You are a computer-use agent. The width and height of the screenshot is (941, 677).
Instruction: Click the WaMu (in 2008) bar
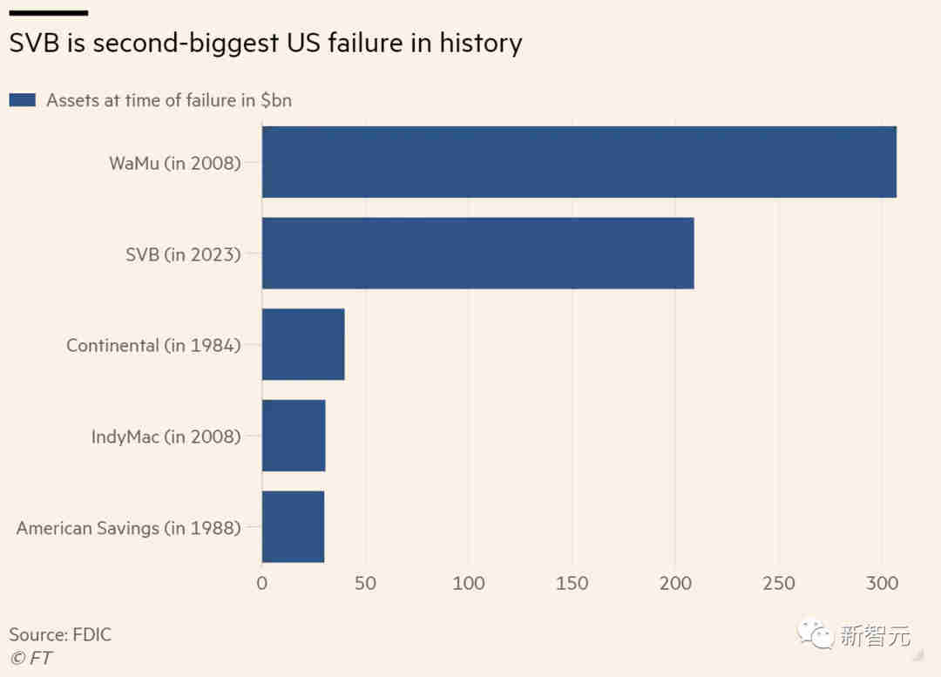(x=579, y=162)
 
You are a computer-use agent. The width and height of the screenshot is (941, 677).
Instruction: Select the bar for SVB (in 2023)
(x=477, y=253)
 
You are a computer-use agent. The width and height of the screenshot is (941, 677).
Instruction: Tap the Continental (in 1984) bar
(x=303, y=344)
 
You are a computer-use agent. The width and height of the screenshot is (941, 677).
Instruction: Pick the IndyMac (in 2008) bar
(x=294, y=436)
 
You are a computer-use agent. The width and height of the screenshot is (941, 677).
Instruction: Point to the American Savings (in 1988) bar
(x=293, y=527)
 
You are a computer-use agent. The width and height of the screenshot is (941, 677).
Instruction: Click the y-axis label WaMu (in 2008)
(x=174, y=162)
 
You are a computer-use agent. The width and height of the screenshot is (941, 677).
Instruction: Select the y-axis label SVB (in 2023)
(x=182, y=254)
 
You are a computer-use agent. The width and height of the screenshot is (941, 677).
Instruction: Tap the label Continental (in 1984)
(x=153, y=345)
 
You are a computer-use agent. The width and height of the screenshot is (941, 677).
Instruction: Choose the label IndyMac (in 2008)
(x=166, y=437)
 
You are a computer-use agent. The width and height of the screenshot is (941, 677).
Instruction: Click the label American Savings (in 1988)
(x=128, y=527)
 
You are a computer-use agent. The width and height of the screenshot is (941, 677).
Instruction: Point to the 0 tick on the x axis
(x=262, y=583)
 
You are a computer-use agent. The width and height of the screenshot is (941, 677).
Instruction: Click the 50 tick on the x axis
(x=365, y=583)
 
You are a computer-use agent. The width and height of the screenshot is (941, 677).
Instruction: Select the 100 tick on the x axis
(x=469, y=583)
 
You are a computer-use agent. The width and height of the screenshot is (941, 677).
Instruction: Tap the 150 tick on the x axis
(x=572, y=583)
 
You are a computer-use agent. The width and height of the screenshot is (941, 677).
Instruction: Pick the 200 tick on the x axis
(x=675, y=583)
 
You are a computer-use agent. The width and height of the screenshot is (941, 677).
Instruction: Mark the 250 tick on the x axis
(x=778, y=583)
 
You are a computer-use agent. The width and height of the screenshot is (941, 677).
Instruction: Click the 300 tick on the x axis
(x=881, y=583)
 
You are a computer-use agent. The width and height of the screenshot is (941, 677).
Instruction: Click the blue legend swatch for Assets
(x=22, y=100)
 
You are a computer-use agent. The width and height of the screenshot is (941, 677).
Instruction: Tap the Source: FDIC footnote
(x=60, y=634)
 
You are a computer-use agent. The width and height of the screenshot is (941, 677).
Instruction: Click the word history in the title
(x=477, y=43)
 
